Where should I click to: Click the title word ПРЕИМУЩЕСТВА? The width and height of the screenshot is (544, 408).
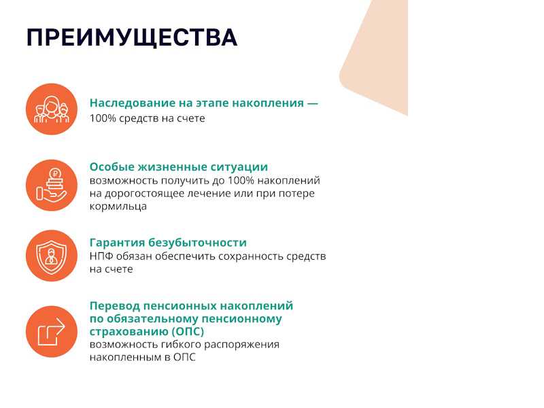tap(132, 37)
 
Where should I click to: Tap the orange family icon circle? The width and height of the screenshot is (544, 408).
tap(52, 109)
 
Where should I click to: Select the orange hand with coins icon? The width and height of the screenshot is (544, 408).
tap(52, 185)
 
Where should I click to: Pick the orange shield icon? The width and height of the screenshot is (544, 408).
tap(52, 256)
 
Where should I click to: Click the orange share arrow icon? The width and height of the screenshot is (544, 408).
tap(52, 332)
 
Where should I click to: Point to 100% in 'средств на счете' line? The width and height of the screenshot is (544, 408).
tap(103, 118)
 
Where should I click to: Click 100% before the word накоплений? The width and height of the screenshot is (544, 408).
tap(241, 180)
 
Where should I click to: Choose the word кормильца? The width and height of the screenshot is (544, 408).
tap(118, 207)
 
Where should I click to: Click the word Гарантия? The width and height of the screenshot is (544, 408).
tap(117, 243)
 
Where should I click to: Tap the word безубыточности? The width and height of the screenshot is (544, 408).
tap(197, 242)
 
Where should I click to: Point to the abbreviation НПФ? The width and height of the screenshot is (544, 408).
tap(101, 256)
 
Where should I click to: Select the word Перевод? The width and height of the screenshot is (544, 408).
tap(114, 306)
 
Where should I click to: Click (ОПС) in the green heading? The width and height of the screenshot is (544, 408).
tap(188, 332)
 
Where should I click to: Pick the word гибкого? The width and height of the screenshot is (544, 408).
tap(180, 345)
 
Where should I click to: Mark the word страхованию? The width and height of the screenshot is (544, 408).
tap(129, 332)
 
